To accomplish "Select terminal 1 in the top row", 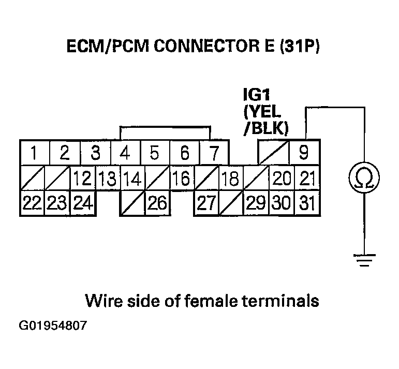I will [34, 153].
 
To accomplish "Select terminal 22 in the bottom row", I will [32, 203].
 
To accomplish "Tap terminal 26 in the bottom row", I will [156, 203].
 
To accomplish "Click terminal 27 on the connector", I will [205, 203].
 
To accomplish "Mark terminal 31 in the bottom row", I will [307, 203].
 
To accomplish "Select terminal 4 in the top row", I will [125, 153].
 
